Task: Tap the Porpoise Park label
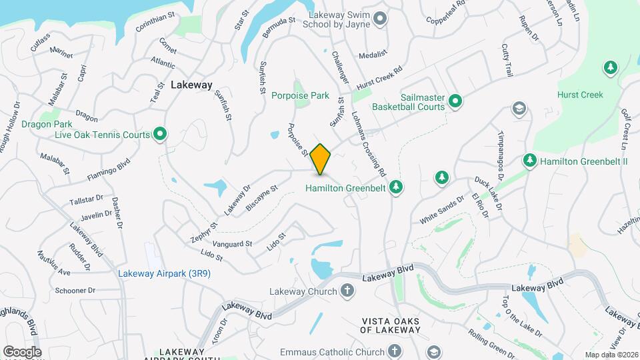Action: click(300, 95)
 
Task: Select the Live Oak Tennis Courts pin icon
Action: click(160, 135)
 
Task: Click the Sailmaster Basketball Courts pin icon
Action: click(455, 101)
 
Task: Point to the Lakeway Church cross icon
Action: click(347, 291)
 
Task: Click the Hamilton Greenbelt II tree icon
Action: click(530, 161)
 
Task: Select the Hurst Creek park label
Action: click(580, 95)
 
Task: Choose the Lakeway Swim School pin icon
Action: click(380, 18)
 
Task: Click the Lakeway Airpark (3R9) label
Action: click(165, 273)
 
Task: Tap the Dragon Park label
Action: click(47, 124)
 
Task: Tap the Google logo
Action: click(22, 351)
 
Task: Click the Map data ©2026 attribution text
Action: click(611, 355)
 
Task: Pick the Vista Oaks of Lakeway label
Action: click(391, 325)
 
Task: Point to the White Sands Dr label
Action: click(441, 209)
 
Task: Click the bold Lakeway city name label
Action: click(191, 85)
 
